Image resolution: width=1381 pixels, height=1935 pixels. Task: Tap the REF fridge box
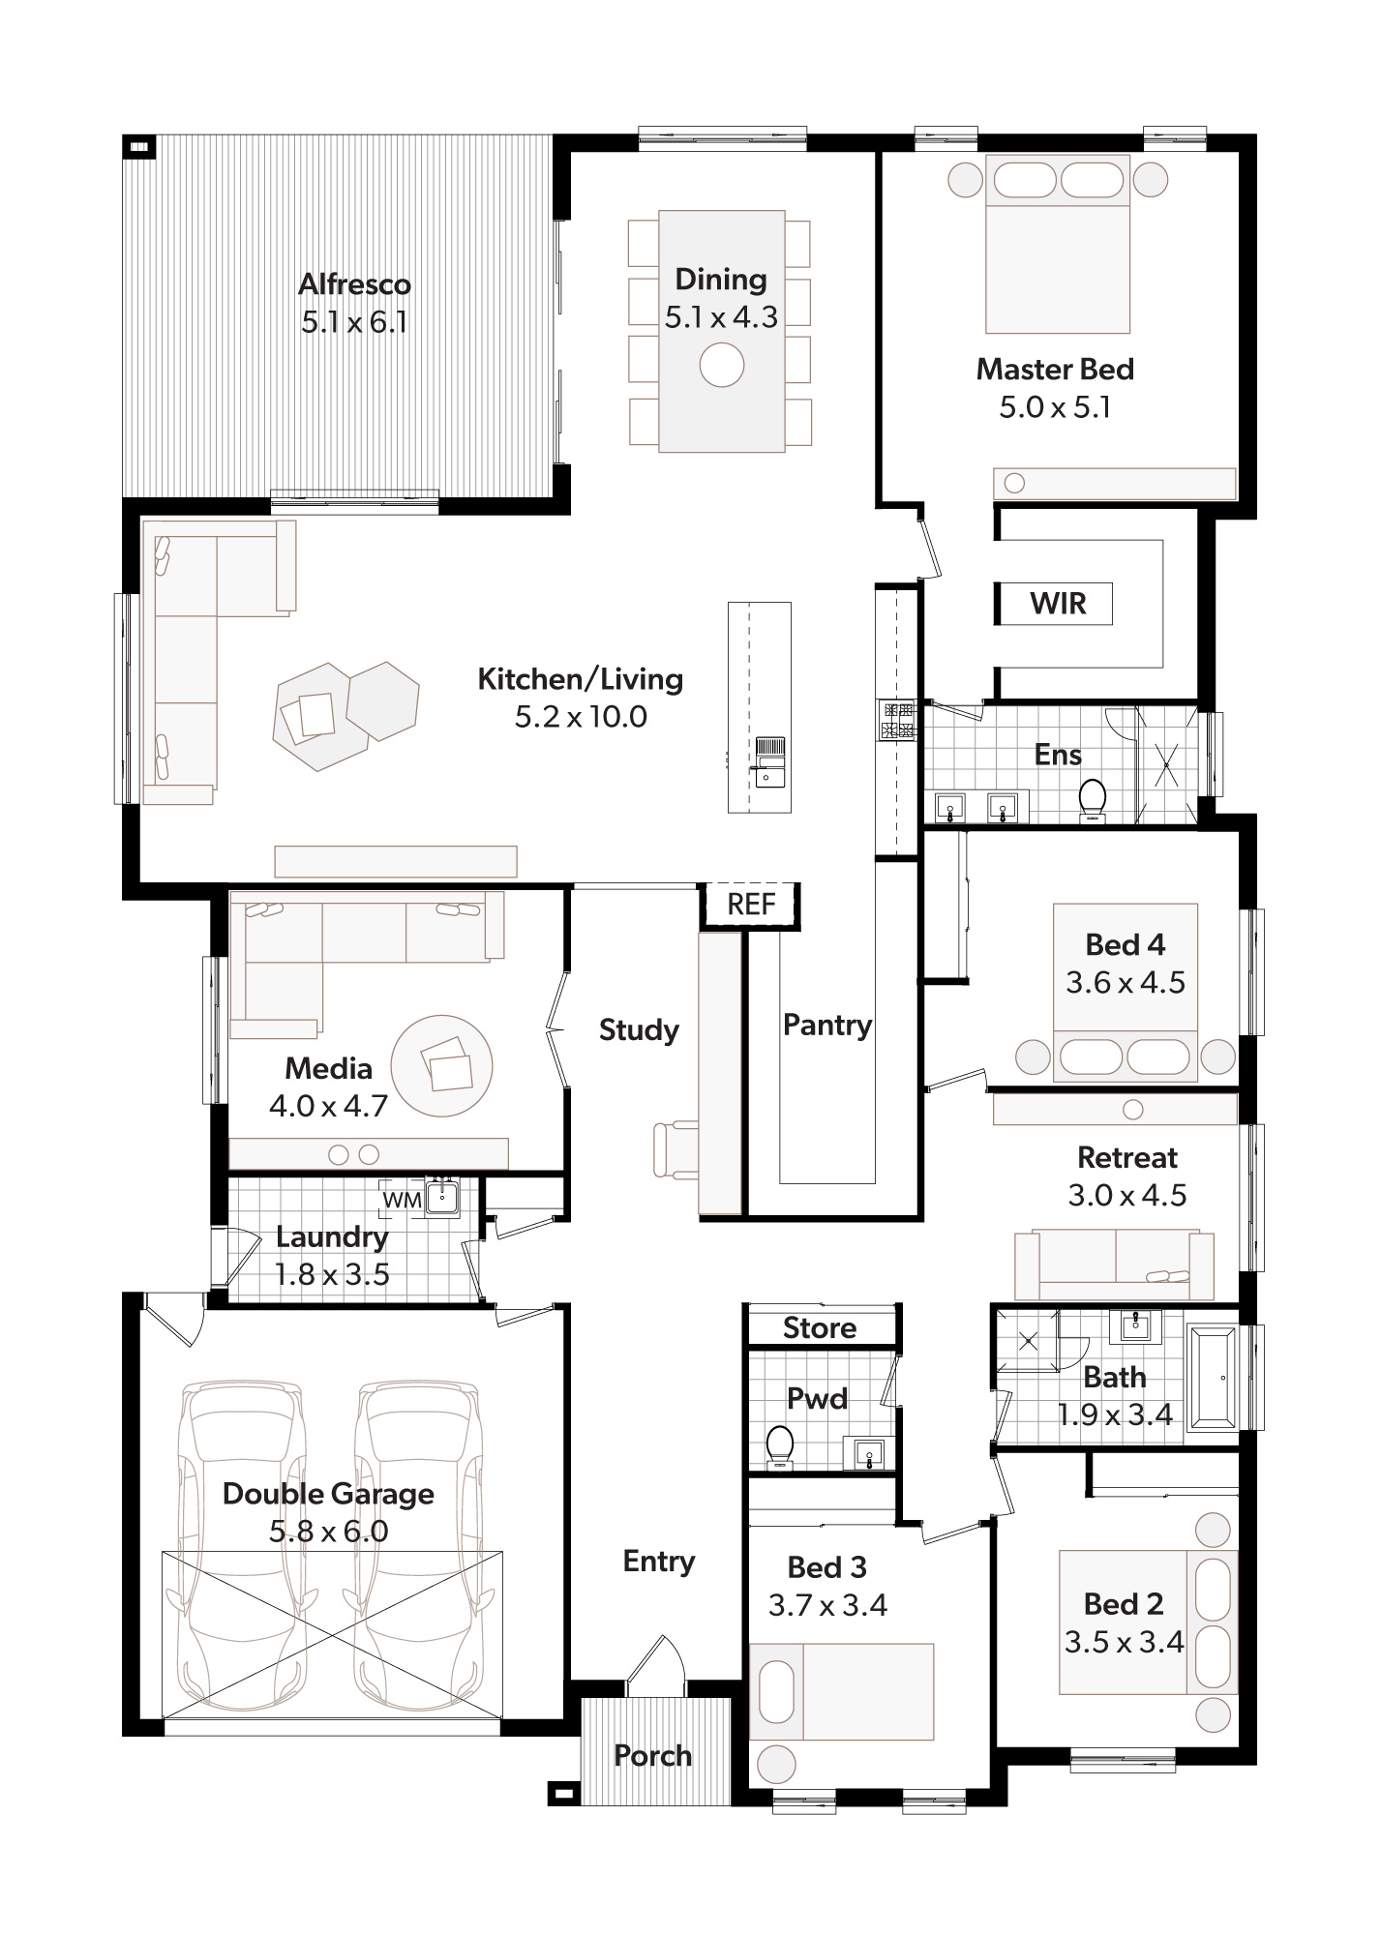coord(751,905)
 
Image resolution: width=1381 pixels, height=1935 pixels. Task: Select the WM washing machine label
coord(402,1201)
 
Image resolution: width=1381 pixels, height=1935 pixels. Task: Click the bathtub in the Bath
coord(1212,1378)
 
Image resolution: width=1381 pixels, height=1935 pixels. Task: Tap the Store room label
coord(820,1327)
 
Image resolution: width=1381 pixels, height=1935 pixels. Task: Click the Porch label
coord(653,1756)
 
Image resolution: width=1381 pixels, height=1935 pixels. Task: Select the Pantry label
coord(827,1026)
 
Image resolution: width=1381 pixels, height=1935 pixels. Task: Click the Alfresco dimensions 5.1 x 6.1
coord(354,322)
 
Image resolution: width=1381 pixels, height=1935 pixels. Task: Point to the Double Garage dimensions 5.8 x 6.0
coord(329,1532)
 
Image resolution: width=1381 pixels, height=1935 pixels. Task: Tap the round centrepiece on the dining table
coord(722,366)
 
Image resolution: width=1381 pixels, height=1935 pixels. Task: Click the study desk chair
coord(675,1149)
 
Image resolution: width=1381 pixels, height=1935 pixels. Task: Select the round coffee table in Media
coord(442,1065)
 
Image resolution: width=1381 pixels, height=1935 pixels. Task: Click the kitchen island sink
coord(770,773)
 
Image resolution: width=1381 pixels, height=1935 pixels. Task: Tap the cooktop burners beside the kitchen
coord(896,720)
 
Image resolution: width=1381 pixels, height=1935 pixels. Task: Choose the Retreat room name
coord(1127,1158)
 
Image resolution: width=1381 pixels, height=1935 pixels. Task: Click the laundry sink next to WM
coord(443,1198)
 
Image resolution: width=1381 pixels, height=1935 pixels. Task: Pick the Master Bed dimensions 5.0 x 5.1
coord(1055,407)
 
